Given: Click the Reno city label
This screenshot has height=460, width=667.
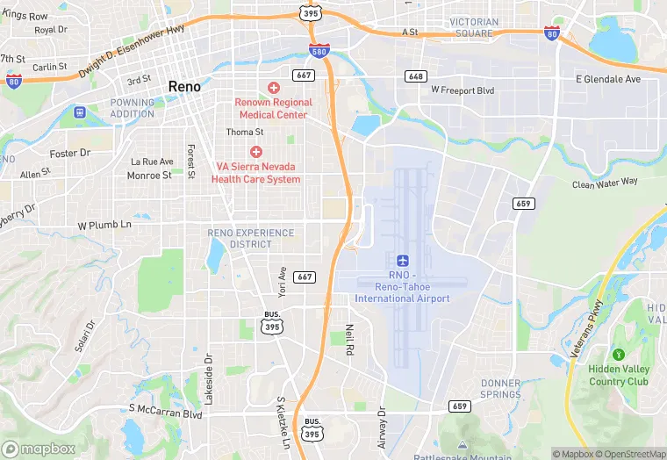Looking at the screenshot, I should coord(184,87).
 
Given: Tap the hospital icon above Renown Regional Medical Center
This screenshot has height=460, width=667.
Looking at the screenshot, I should coord(274,89).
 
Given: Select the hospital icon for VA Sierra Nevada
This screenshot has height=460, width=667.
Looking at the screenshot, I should coord(256,152).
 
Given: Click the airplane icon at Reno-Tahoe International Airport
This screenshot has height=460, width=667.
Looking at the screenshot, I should coord(402,261).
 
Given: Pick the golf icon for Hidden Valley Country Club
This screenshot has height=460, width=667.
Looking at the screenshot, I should coord(619,354).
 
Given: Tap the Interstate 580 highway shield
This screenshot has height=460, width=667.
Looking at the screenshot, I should coord(319,51).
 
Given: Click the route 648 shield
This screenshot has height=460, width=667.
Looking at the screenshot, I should coord(416,76).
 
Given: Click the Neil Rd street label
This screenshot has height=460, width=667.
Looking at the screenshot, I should coord(349,337).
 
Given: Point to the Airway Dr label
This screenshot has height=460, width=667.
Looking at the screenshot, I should coord(382,428).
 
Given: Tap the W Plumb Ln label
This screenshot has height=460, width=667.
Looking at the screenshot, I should coord(104,225).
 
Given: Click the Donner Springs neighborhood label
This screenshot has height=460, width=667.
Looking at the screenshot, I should coord(500,389).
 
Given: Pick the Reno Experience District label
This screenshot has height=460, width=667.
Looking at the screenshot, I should coord(239,238).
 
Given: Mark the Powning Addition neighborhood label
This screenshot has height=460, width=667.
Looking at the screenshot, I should coord(132,108).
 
